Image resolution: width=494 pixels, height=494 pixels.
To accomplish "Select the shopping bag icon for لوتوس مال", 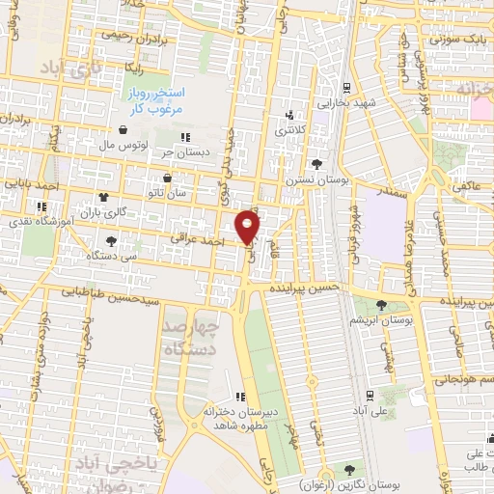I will pyautogui.click(x=123, y=129).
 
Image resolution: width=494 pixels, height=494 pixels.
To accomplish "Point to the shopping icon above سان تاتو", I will pyautogui.click(x=168, y=178).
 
